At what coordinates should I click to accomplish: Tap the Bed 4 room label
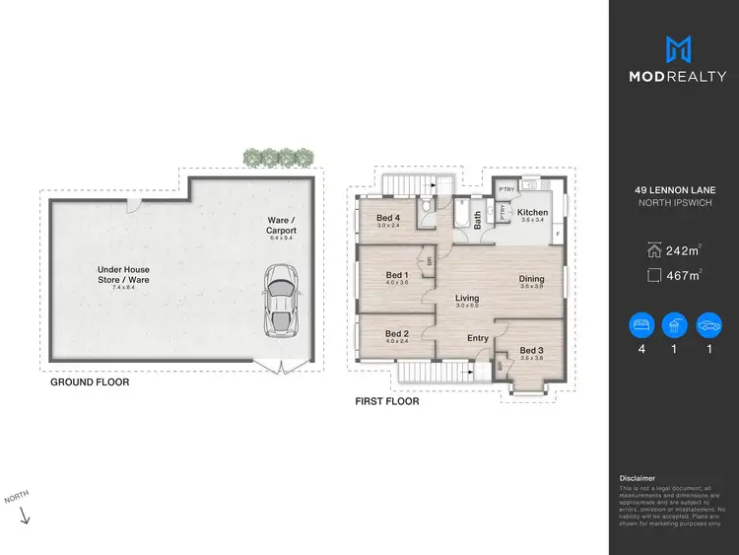388,218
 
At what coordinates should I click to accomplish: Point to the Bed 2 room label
396,333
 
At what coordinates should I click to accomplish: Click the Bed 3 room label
531,350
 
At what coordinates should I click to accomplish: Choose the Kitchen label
532,213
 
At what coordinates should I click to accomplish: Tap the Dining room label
531,278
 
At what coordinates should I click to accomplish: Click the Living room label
466,297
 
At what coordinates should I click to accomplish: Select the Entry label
478,338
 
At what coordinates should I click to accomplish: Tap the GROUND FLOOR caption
90,382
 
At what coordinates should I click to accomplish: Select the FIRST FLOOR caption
387,401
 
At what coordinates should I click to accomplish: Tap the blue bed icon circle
642,325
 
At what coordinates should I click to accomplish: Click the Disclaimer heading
637,477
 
